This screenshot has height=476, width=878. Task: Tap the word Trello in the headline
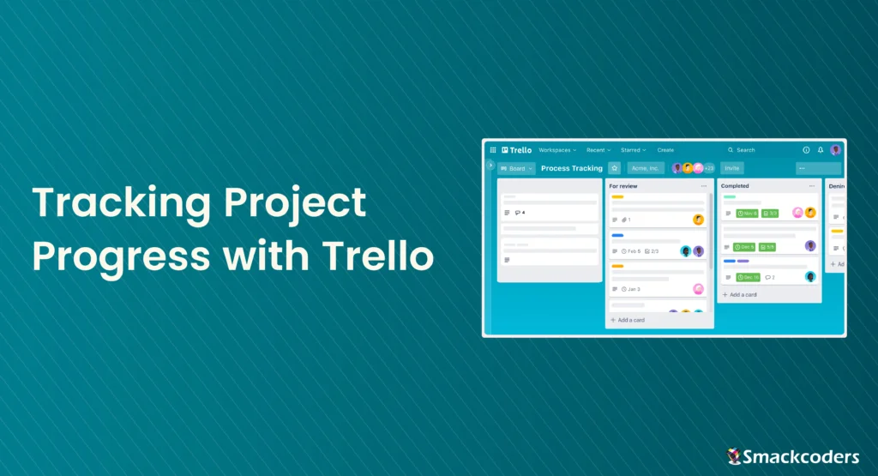coord(377,256)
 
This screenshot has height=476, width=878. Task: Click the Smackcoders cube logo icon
coord(734,455)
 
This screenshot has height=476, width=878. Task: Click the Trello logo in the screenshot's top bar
coord(516,150)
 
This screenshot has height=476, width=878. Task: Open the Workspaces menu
coord(557,150)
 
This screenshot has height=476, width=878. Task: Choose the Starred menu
coord(633,150)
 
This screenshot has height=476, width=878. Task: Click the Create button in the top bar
coord(665,150)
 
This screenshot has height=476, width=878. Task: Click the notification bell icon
coord(821,150)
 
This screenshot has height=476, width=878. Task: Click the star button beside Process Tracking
coord(614,168)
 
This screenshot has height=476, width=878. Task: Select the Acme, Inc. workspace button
coord(645,168)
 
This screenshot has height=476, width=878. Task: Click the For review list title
coord(623,186)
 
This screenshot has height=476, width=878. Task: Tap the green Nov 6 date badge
coord(747,214)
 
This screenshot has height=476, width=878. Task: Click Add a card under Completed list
coord(743,294)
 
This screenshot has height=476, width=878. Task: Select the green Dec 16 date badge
coord(748,277)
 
